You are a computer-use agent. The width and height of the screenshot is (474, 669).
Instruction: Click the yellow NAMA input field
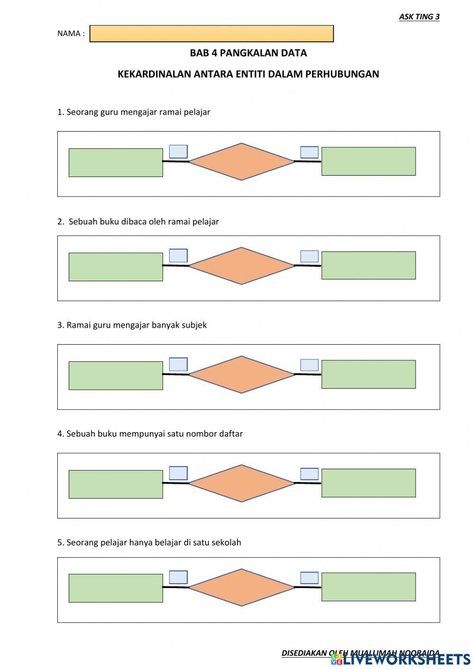coord(211,34)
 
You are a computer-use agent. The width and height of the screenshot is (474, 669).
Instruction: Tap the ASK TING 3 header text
coord(419,17)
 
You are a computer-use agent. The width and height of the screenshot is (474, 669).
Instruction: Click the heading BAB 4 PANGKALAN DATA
coord(248,53)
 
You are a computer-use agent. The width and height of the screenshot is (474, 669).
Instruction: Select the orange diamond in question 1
coord(242,161)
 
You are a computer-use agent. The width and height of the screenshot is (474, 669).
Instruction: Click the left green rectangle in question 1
coord(116,163)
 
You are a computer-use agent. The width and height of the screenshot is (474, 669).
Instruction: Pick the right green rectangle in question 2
coord(368,266)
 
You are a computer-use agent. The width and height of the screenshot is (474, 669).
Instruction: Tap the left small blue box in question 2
coord(178,256)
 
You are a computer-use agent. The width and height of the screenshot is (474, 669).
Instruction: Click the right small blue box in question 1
coord(310,152)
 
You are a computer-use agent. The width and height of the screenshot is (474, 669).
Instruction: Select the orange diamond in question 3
coord(242,375)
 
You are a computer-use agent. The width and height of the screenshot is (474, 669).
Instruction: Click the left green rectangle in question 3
coord(116,376)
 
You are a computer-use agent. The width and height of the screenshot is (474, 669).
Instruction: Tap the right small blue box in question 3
coord(310,365)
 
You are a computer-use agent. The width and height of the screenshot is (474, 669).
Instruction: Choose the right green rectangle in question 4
coord(368,483)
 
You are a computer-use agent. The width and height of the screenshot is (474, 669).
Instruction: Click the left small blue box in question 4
coord(178,473)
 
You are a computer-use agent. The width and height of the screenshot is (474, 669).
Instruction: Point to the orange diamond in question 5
coord(242,587)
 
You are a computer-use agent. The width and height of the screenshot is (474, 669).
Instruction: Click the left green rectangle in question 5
coord(116,589)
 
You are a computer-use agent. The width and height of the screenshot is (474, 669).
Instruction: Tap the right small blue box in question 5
coord(310,578)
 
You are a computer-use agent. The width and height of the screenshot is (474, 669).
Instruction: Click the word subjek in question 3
coord(194,325)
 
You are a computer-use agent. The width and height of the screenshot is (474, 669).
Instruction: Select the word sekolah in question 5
coord(226,543)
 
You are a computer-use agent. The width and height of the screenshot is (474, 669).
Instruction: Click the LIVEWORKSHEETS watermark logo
coord(401,659)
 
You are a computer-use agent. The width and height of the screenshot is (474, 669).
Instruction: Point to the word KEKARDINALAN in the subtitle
coord(155,74)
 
